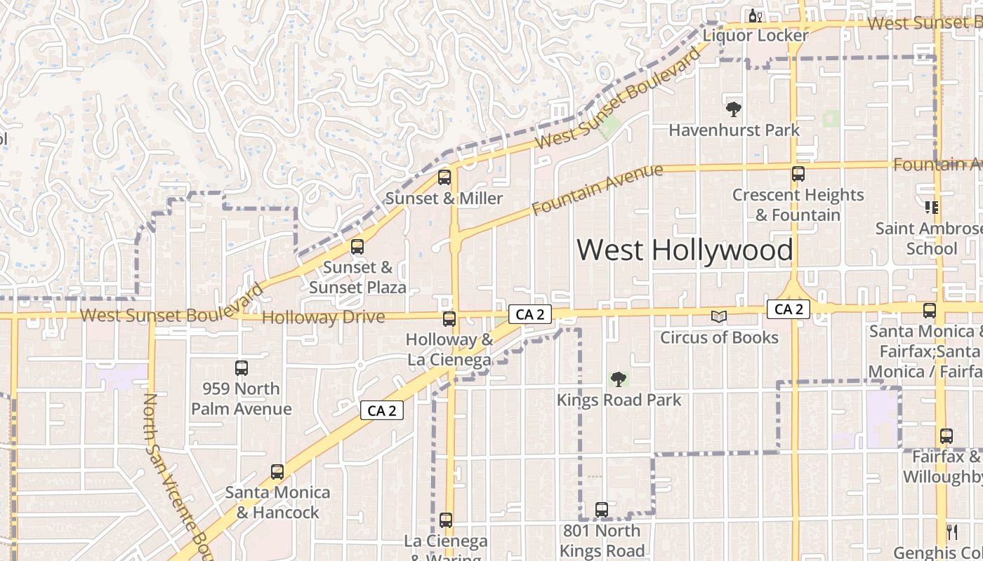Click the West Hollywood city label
685,250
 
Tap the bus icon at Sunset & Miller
444,177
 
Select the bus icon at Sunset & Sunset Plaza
357,247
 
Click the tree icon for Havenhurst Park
734,109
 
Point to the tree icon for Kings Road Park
618,379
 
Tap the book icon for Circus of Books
718,317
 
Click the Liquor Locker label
756,35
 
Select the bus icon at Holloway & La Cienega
449,319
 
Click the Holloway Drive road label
323,318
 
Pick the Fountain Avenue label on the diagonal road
597,189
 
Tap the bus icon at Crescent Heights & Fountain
798,174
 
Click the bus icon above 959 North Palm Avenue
241,367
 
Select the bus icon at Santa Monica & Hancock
277,472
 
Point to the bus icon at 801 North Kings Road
602,510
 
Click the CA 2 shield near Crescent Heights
789,309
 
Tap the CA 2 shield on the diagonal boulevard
382,411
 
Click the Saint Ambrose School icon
931,208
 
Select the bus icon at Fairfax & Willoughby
946,436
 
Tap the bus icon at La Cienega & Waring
446,520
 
